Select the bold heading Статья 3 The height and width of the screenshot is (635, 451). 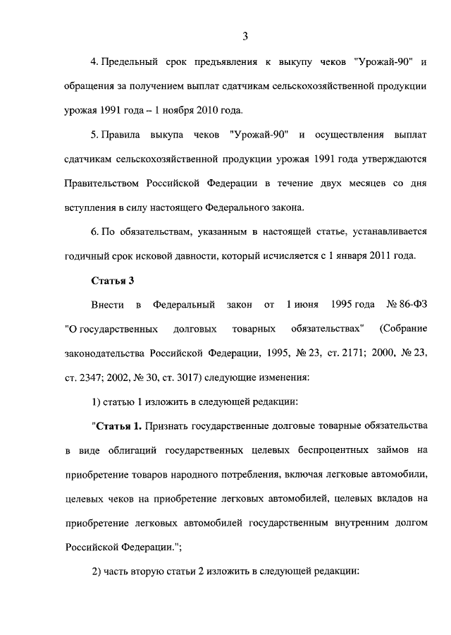(x=113, y=281)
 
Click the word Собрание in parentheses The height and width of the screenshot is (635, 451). (x=404, y=329)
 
